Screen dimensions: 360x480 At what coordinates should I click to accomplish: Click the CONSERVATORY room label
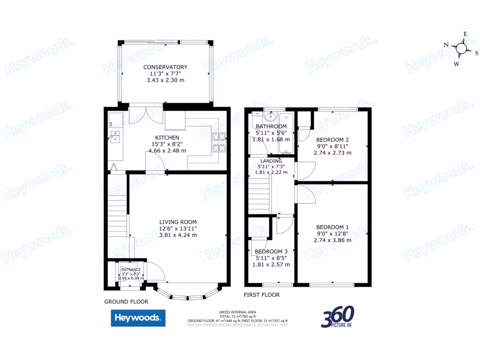165,67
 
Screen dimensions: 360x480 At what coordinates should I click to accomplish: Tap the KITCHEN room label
167,137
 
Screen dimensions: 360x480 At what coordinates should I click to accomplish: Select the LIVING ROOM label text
178,222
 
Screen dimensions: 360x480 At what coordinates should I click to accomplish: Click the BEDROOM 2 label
332,140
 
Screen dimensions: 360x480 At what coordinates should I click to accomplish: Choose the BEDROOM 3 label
271,251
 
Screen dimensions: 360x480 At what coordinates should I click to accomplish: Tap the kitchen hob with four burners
219,142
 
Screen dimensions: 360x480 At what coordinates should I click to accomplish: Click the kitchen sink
115,136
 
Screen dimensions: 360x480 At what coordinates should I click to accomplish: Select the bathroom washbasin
270,116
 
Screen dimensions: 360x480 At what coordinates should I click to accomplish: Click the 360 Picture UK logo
337,317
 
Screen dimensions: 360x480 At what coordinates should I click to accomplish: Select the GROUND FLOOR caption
126,302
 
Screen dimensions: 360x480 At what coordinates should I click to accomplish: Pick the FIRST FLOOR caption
262,295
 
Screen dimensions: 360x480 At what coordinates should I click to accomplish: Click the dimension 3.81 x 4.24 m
178,235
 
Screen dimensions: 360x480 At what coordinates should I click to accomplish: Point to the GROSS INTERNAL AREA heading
237,312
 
